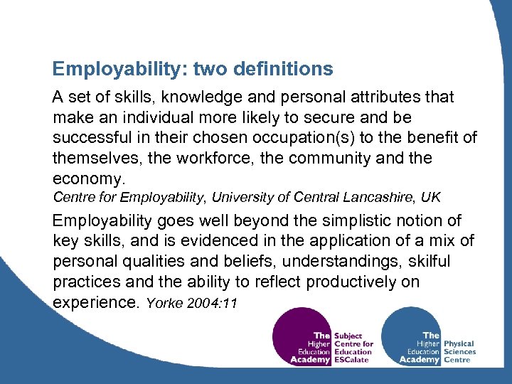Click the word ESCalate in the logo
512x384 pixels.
[x=353, y=360]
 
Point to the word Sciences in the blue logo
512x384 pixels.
[x=459, y=351]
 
